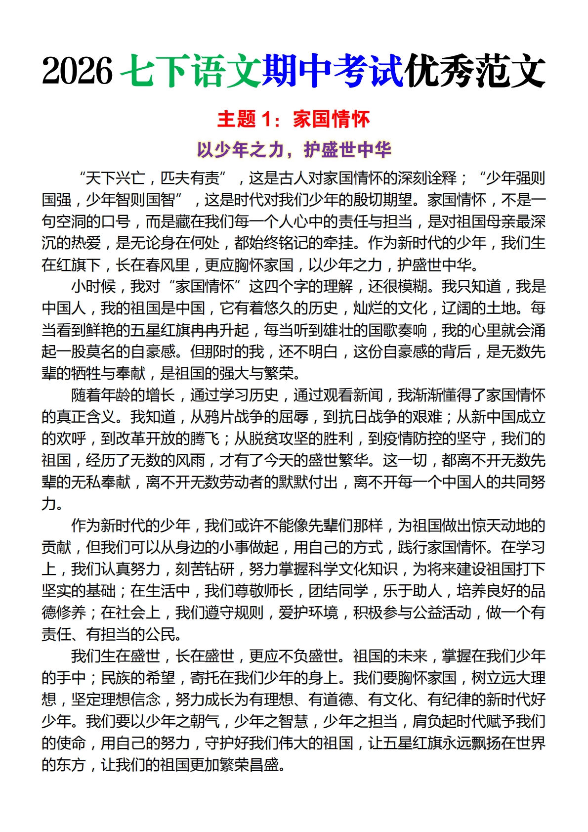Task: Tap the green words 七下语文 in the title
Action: pos(191,71)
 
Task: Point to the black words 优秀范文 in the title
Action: pos(474,71)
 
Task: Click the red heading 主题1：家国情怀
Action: pos(294,119)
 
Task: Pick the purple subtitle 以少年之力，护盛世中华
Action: pos(294,149)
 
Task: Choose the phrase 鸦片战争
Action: pos(219,417)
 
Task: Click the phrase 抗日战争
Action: pos(368,417)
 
